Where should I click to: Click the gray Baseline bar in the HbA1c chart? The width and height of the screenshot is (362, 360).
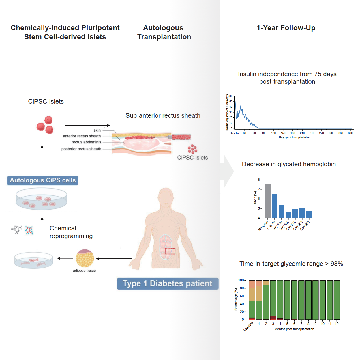(x=267, y=201)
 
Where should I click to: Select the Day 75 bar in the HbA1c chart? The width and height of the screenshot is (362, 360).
(x=274, y=206)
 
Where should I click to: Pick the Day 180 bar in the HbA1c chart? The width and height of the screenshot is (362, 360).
(x=288, y=215)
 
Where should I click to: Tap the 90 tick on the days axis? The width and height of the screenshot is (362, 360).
(x=264, y=133)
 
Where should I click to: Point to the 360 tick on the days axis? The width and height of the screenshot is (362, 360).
(x=350, y=133)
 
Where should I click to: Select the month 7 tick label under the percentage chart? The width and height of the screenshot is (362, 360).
(x=301, y=324)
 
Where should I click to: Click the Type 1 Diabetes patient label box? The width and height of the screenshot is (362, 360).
(x=168, y=283)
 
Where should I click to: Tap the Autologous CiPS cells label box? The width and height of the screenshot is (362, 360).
(x=43, y=180)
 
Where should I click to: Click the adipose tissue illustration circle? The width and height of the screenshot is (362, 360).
(x=85, y=258)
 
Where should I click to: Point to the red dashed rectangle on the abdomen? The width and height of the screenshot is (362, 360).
(x=170, y=251)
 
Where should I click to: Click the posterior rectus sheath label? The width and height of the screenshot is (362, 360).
(x=81, y=149)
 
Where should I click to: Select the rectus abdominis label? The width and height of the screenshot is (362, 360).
(x=86, y=142)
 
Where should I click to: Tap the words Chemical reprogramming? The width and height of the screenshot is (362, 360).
(x=71, y=232)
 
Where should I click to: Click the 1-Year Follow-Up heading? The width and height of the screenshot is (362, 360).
(x=286, y=28)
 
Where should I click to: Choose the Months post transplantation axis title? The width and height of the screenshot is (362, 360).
(x=294, y=329)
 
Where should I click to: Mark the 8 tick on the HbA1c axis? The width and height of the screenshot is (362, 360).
(x=259, y=180)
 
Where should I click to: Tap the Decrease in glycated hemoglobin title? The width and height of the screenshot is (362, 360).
(x=289, y=164)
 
